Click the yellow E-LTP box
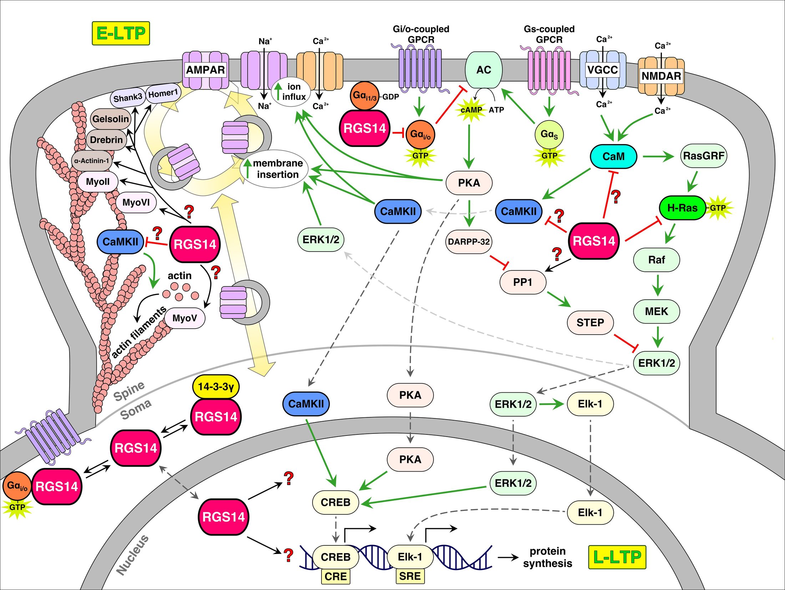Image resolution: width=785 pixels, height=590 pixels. [121, 33]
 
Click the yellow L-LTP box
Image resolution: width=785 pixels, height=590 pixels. [617, 557]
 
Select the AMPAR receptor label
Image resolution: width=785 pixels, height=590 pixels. [206, 70]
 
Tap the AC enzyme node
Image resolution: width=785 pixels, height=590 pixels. [483, 70]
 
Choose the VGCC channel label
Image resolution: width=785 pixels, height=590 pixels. [602, 70]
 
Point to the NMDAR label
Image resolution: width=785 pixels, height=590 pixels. [661, 76]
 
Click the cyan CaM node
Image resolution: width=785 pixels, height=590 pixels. [613, 156]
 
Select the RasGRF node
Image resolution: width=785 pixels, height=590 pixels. [703, 156]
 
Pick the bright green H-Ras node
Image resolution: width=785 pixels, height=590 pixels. [682, 208]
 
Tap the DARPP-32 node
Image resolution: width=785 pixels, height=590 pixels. [469, 242]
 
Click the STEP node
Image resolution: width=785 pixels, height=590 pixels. [590, 322]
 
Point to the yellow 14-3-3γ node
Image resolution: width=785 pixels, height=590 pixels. [216, 387]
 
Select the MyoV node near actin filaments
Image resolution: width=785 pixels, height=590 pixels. [184, 318]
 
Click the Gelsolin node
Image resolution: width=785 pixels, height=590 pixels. [111, 119]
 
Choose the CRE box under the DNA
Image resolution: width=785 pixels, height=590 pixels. [335, 576]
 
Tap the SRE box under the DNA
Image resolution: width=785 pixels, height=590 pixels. [410, 576]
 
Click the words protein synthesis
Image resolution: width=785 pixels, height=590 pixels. [547, 557]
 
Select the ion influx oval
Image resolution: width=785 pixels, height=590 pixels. [291, 92]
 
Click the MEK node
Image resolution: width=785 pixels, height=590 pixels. [656, 311]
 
